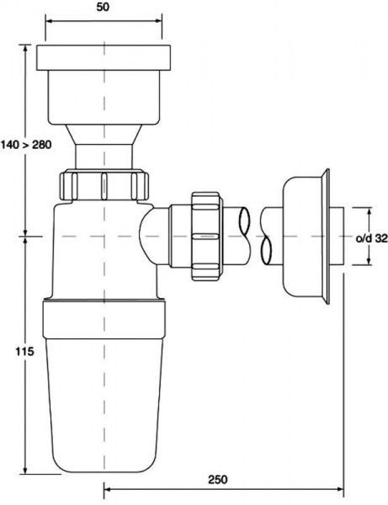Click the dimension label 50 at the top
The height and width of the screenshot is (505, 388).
[x=103, y=8]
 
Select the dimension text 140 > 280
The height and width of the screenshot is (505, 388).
[x=27, y=145]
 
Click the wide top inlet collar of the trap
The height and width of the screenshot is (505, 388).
[x=104, y=60]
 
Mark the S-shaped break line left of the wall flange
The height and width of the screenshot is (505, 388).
[x=268, y=236]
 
